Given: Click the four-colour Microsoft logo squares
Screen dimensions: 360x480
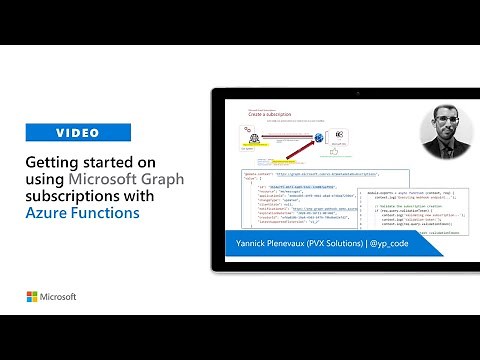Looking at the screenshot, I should coord(33,297).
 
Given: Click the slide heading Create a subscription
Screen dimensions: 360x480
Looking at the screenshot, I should coord(268,115).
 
